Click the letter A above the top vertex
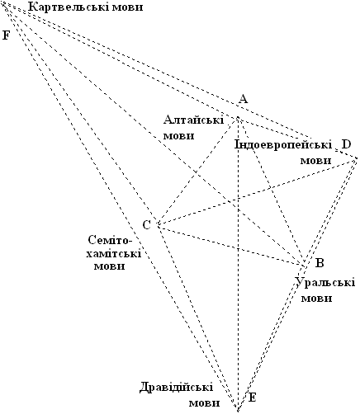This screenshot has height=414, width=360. (243, 98)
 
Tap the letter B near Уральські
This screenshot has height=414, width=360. (320, 263)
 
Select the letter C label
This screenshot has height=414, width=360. (147, 225)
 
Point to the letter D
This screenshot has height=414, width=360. (346, 144)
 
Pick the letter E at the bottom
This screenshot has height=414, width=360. (252, 398)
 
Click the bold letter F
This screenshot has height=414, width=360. (6, 35)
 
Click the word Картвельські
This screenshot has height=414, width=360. (68, 7)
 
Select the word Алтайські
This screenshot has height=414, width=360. (194, 120)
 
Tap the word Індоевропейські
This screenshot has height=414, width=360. (283, 144)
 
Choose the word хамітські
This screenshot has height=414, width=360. (113, 253)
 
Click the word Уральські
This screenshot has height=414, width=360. (325, 283)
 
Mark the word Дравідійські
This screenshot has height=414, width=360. (176, 388)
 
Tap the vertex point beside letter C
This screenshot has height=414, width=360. (159, 225)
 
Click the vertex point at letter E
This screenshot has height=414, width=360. (237, 410)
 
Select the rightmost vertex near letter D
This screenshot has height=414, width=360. (357, 158)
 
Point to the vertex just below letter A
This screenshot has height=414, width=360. (237, 118)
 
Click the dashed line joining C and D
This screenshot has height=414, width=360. (258, 191)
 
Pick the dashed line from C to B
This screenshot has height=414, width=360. (230, 245)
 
